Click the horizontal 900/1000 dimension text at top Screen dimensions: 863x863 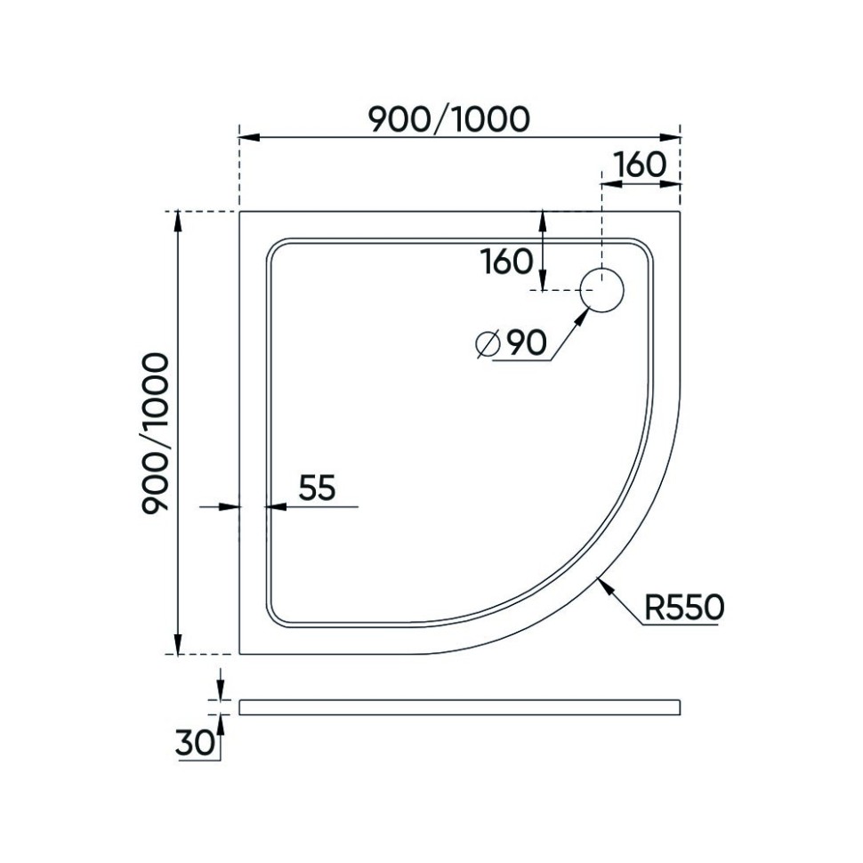[449, 118]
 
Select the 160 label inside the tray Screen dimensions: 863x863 [506, 262]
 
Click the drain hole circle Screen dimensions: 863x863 [602, 290]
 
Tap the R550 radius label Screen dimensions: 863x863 [683, 608]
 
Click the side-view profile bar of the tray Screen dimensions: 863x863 [459, 707]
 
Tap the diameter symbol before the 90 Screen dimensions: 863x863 [487, 344]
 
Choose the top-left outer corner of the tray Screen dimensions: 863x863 [240, 212]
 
